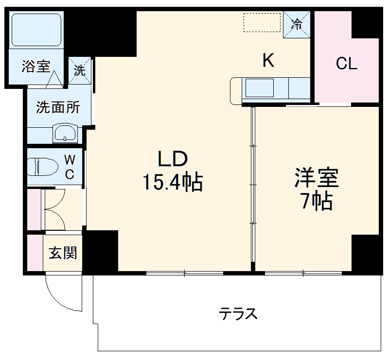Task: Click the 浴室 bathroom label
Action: [36, 67]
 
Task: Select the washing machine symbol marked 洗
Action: [80, 70]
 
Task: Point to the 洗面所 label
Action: [58, 108]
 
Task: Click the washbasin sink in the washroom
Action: [66, 132]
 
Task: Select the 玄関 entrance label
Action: [63, 253]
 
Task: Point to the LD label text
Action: [171, 158]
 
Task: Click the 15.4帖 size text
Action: [172, 182]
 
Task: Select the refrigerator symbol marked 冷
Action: [297, 23]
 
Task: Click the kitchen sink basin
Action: [260, 88]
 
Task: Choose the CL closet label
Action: [347, 64]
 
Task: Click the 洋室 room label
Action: [316, 178]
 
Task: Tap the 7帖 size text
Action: [316, 201]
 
